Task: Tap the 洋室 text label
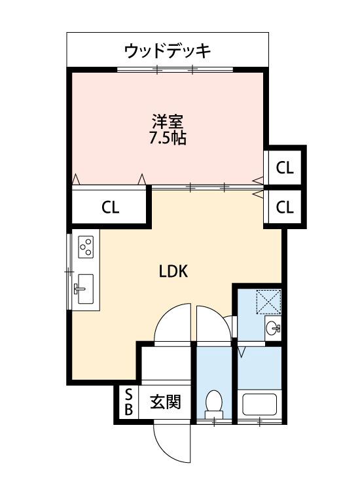[x=168, y=122]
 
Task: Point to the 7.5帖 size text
[x=168, y=138]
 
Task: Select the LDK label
[x=174, y=272]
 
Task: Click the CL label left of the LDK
[x=110, y=208]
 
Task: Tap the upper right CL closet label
[x=285, y=168]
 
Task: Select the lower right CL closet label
[x=285, y=208]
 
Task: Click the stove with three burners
[x=85, y=246]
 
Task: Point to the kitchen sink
[x=84, y=288]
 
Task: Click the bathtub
[x=260, y=405]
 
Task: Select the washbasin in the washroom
[x=274, y=327]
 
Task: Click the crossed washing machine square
[x=267, y=302]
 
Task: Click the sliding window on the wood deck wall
[x=175, y=69]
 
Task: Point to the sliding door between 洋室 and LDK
[x=206, y=188]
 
